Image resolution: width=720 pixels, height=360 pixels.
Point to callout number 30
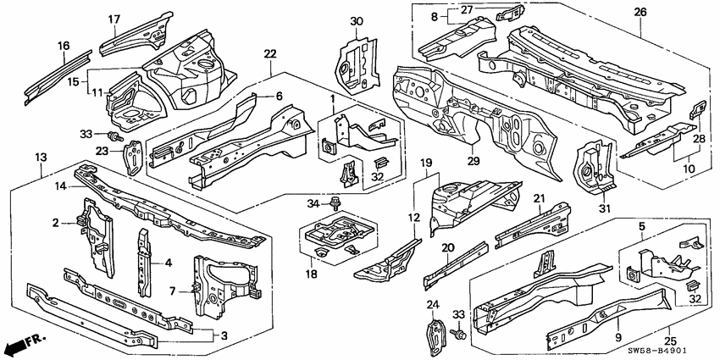click(356, 21)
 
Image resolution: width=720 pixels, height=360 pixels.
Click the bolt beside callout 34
click(338, 204)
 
